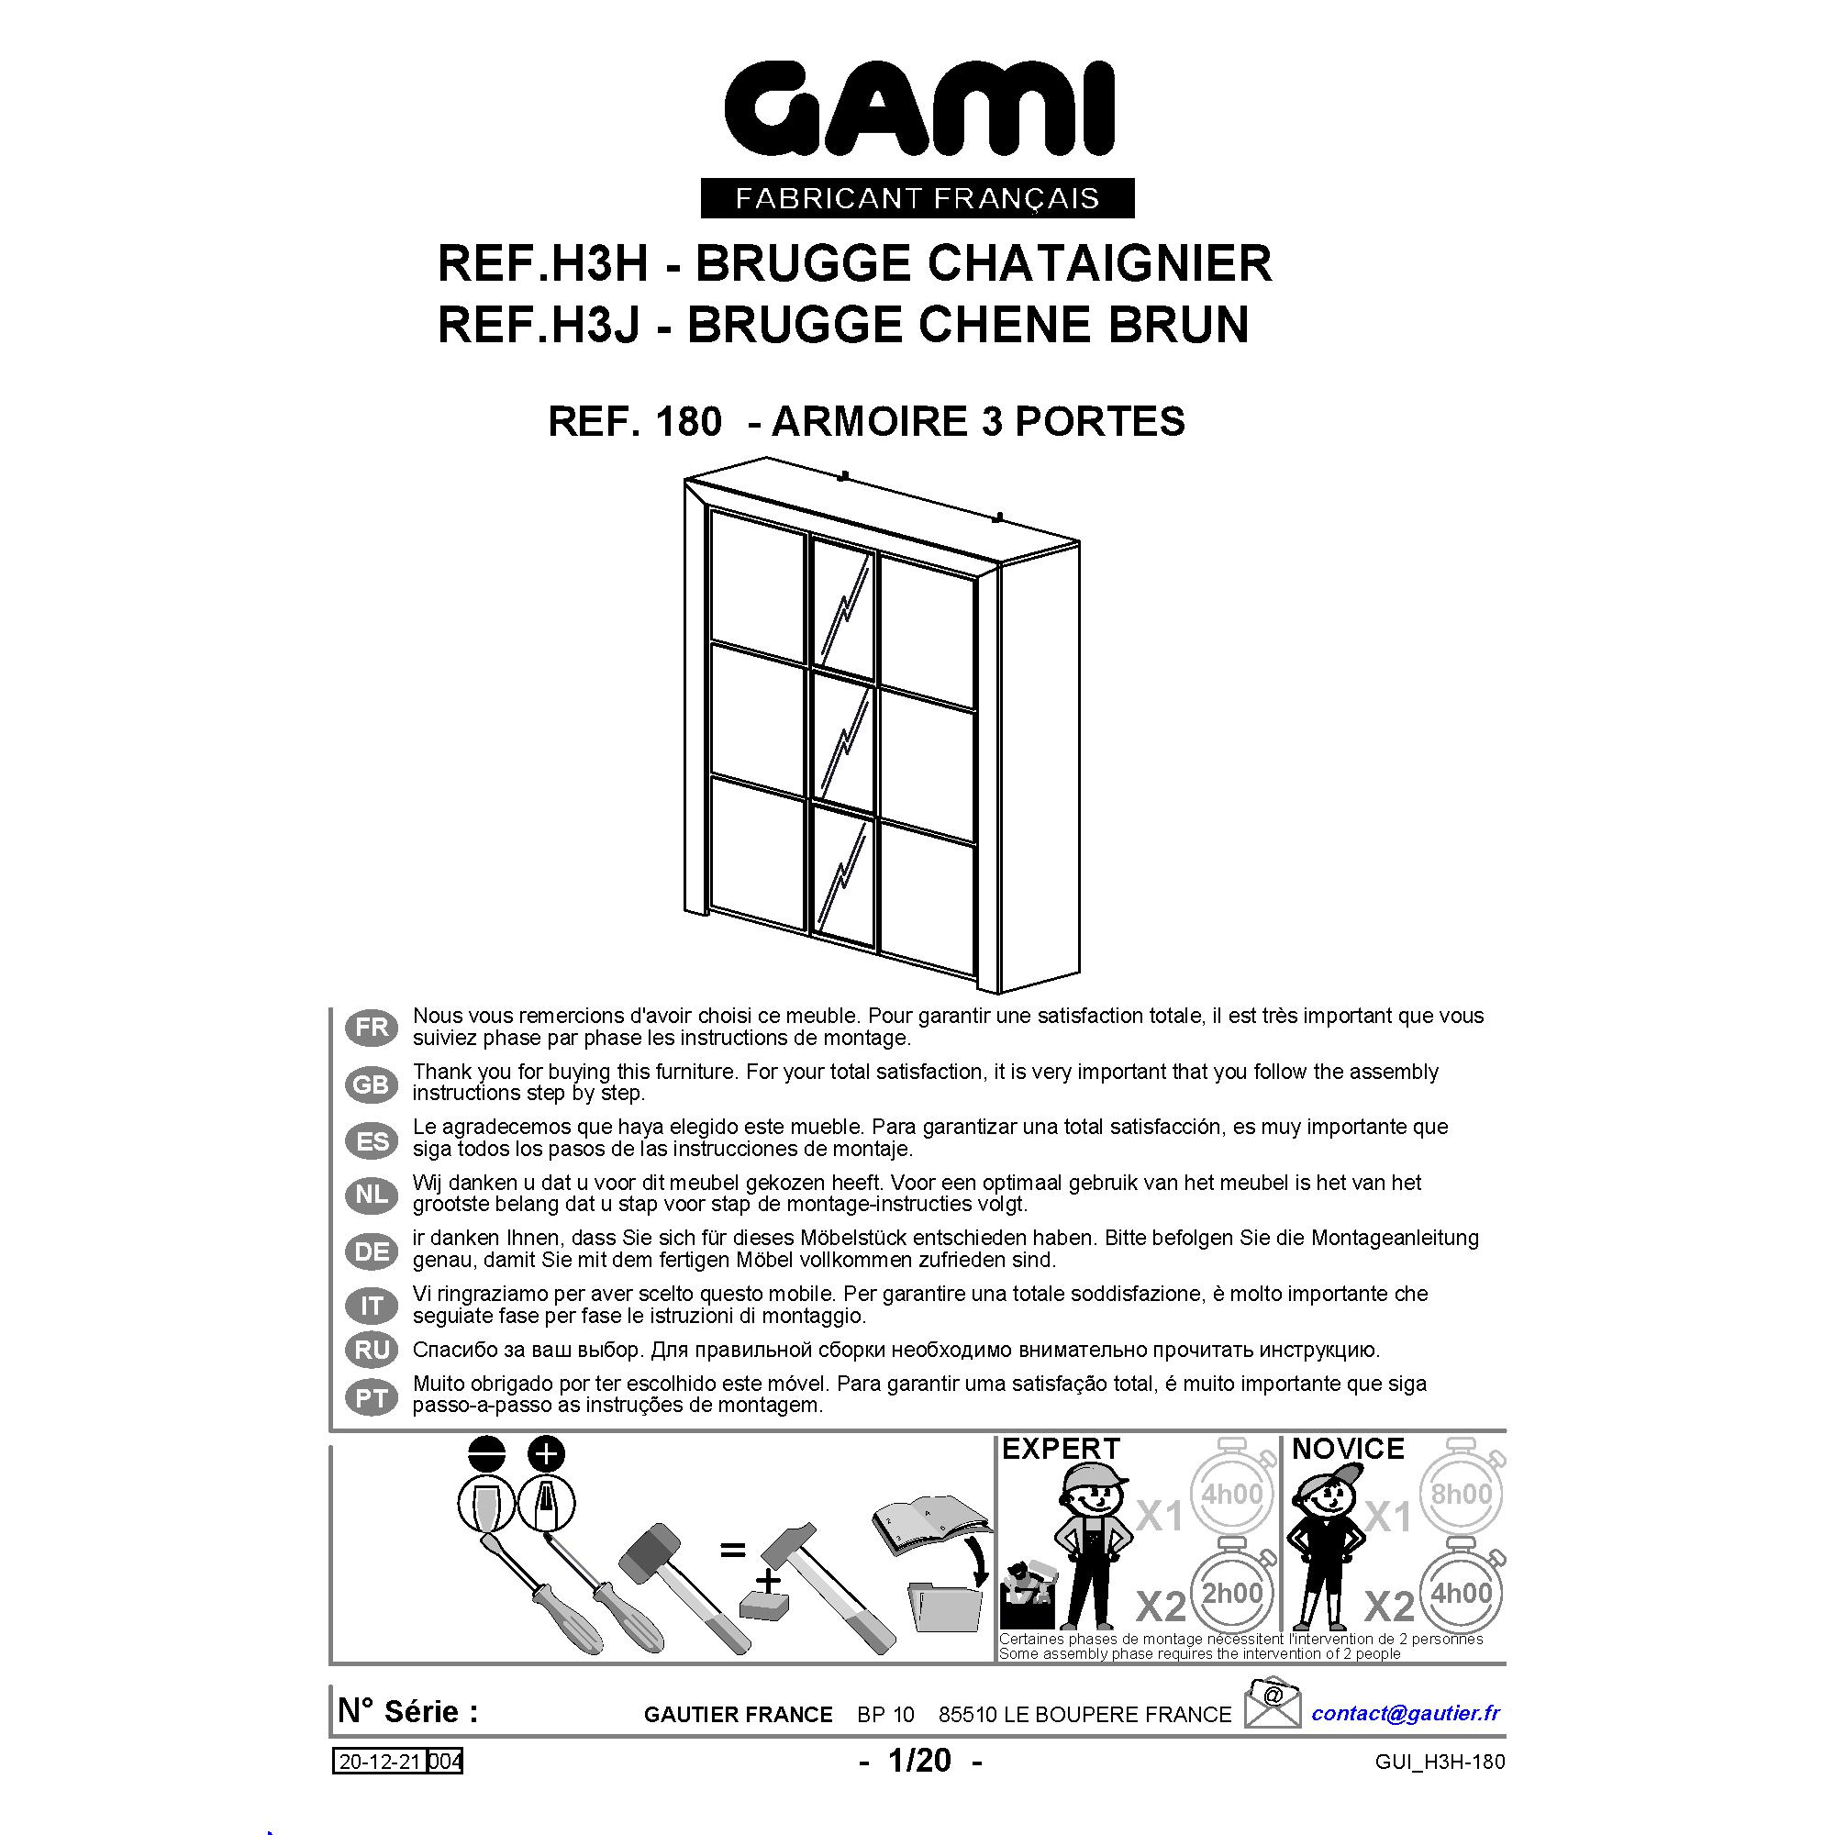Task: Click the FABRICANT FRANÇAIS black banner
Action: click(917, 198)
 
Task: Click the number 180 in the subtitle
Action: click(687, 421)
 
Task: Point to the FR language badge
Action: click(372, 1028)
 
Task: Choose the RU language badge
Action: click(372, 1350)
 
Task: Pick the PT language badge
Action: click(372, 1398)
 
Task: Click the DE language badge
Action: click(372, 1251)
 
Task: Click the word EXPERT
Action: click(1061, 1449)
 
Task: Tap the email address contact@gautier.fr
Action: click(1406, 1712)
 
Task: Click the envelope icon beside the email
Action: click(1272, 1703)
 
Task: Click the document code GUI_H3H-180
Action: click(1440, 1762)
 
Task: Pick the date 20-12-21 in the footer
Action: click(381, 1762)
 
